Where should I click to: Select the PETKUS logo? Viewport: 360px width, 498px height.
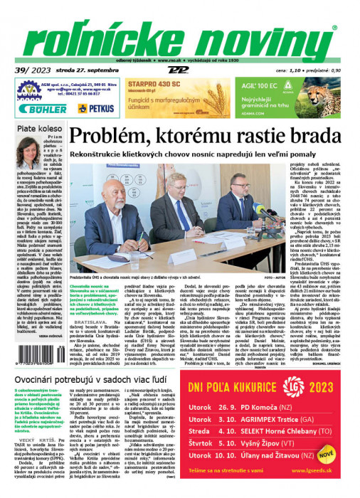click(x=95, y=108)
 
